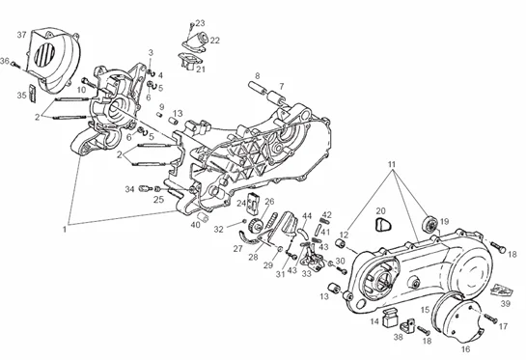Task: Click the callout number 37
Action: pyautogui.click(x=21, y=35)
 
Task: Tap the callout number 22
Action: pyautogui.click(x=214, y=41)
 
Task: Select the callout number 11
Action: pyautogui.click(x=392, y=164)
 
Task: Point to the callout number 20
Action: pyautogui.click(x=380, y=211)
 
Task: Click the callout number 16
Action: pyautogui.click(x=465, y=349)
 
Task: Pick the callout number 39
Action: pyautogui.click(x=505, y=304)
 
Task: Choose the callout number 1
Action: pyautogui.click(x=64, y=230)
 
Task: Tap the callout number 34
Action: pyautogui.click(x=130, y=189)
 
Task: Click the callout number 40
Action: pyautogui.click(x=195, y=225)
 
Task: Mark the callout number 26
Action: pyautogui.click(x=269, y=202)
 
